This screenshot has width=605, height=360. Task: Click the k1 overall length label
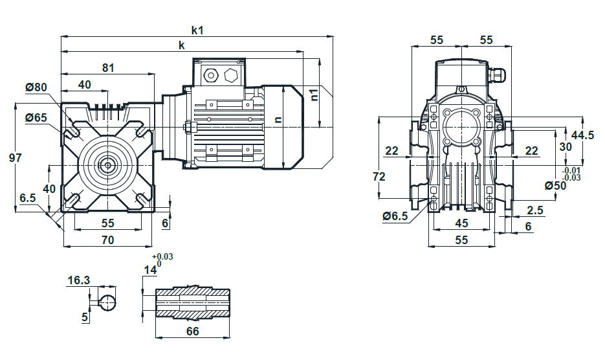(197, 30)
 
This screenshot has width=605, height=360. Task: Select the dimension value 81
(108, 67)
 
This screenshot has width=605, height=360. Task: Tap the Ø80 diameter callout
(36, 87)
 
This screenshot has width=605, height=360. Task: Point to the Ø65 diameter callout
(36, 117)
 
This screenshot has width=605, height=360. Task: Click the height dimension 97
(15, 157)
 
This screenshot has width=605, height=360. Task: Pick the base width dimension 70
(107, 240)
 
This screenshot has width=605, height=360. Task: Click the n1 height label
(314, 95)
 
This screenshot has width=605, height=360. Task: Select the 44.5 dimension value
(582, 135)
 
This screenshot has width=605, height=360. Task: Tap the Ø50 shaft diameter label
(555, 186)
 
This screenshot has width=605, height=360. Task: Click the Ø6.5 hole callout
(395, 216)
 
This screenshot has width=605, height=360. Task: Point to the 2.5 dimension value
(534, 210)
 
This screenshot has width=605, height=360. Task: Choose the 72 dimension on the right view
(379, 177)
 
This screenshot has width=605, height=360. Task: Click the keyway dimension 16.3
(79, 280)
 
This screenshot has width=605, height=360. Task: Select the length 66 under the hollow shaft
(193, 332)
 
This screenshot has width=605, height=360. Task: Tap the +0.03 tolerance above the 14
(162, 256)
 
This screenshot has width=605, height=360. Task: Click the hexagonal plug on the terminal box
(231, 75)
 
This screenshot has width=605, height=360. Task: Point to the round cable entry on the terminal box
(211, 75)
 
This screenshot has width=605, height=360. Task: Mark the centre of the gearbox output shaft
(107, 166)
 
